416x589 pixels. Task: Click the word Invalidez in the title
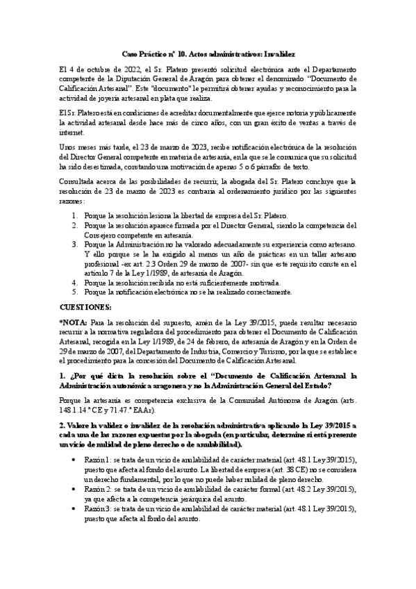(x=278, y=53)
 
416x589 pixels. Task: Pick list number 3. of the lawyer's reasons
(x=75, y=244)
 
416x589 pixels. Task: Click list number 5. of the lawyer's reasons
(x=75, y=293)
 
